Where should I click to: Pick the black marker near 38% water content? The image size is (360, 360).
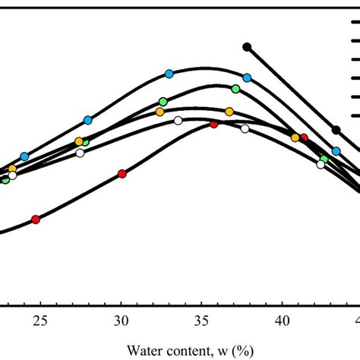(x=247, y=47)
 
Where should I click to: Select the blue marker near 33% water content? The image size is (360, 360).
(x=169, y=74)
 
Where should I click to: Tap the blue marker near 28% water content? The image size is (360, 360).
(x=88, y=120)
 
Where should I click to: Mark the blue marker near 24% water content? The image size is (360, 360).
(x=24, y=156)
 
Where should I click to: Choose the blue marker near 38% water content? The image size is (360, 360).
(x=247, y=77)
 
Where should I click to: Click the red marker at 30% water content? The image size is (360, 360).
(x=122, y=174)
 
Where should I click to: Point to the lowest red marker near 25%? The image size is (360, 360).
(x=35, y=219)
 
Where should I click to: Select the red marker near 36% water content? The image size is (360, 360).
(x=214, y=124)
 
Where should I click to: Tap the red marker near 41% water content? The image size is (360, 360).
(x=304, y=137)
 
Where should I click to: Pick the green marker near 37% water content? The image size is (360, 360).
(x=235, y=89)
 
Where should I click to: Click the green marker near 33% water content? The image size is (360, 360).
(x=163, y=102)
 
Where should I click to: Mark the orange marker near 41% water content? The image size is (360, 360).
(x=295, y=137)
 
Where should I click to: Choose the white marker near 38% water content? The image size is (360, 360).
(x=245, y=129)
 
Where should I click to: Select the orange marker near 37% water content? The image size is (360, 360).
(x=229, y=112)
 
